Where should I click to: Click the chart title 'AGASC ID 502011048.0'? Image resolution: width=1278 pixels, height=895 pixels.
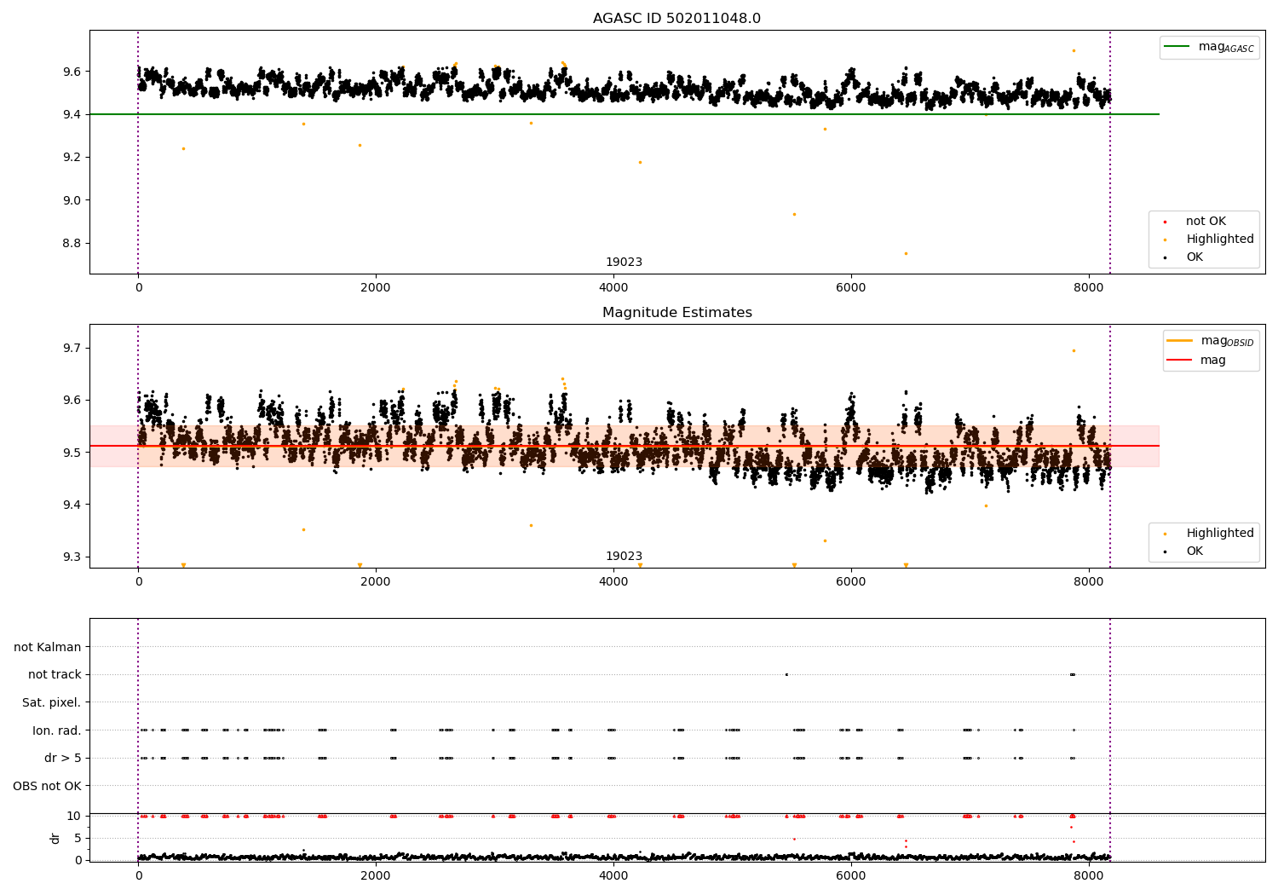point(676,19)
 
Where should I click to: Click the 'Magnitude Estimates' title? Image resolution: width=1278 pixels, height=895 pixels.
point(676,313)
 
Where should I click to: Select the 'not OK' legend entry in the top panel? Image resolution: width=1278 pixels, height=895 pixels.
point(1206,222)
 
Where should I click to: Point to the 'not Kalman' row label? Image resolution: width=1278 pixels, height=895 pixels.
point(48,647)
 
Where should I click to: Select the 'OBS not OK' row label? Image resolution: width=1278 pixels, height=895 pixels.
point(47,786)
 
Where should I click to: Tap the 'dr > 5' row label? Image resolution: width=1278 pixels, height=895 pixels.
point(62,758)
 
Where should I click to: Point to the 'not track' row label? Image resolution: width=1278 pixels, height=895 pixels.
point(55,674)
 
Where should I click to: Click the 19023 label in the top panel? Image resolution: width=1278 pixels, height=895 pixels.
point(624,263)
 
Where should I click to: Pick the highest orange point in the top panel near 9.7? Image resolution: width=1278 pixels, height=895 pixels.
point(1074,50)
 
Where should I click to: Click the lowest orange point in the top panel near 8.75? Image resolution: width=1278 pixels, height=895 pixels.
point(906,253)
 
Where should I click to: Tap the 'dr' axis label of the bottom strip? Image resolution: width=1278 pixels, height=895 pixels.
point(55,838)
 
